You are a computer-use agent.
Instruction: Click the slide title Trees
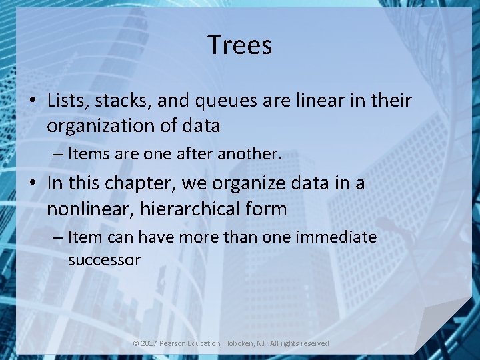(x=239, y=45)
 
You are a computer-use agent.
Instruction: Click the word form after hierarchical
(x=265, y=209)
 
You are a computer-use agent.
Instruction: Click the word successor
(x=104, y=260)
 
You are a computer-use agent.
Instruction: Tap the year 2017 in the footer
(x=149, y=343)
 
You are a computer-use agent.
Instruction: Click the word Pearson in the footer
(x=175, y=343)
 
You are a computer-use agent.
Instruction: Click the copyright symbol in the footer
(x=135, y=343)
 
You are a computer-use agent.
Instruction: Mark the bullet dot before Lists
(x=33, y=101)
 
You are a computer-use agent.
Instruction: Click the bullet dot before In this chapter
(x=33, y=184)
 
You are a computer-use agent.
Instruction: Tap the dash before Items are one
(x=58, y=155)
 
